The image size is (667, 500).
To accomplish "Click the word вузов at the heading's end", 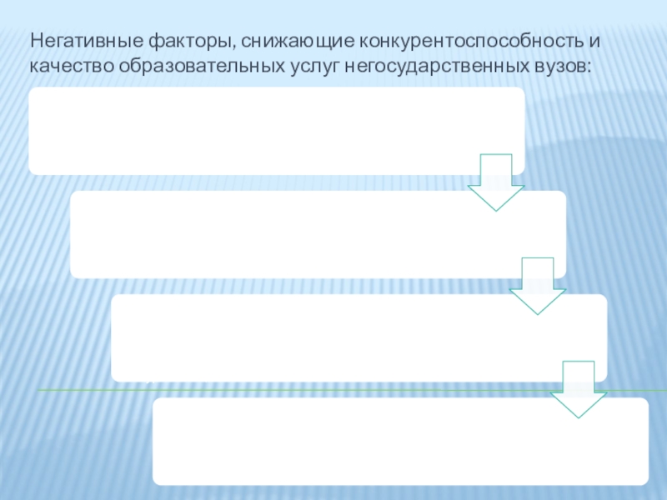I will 560,64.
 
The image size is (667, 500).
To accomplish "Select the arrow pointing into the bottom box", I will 579,389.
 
